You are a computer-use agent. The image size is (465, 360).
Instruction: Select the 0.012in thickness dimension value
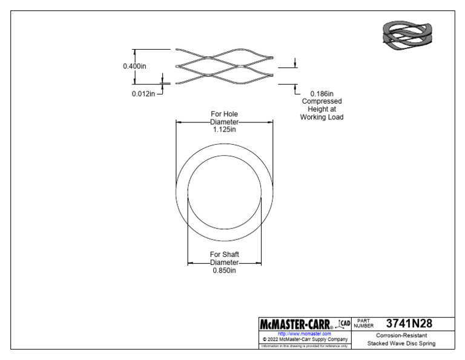(143, 93)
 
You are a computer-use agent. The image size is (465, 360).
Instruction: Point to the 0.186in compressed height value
(322, 93)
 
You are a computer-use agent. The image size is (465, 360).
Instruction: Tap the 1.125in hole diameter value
(224, 129)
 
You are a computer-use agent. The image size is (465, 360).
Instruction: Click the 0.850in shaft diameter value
(224, 270)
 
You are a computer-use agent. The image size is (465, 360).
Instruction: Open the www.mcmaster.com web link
(304, 333)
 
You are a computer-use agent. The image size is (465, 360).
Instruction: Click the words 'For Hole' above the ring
(224, 113)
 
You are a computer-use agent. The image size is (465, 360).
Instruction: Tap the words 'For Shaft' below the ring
(224, 255)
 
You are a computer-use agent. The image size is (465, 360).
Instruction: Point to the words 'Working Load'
(322, 117)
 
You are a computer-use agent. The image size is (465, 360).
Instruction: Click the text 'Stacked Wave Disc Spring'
(401, 344)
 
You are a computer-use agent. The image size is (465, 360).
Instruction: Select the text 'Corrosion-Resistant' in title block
(401, 335)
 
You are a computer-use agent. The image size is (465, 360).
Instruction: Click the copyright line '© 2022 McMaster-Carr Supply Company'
(304, 339)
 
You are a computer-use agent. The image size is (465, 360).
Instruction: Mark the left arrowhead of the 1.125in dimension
(179, 121)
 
